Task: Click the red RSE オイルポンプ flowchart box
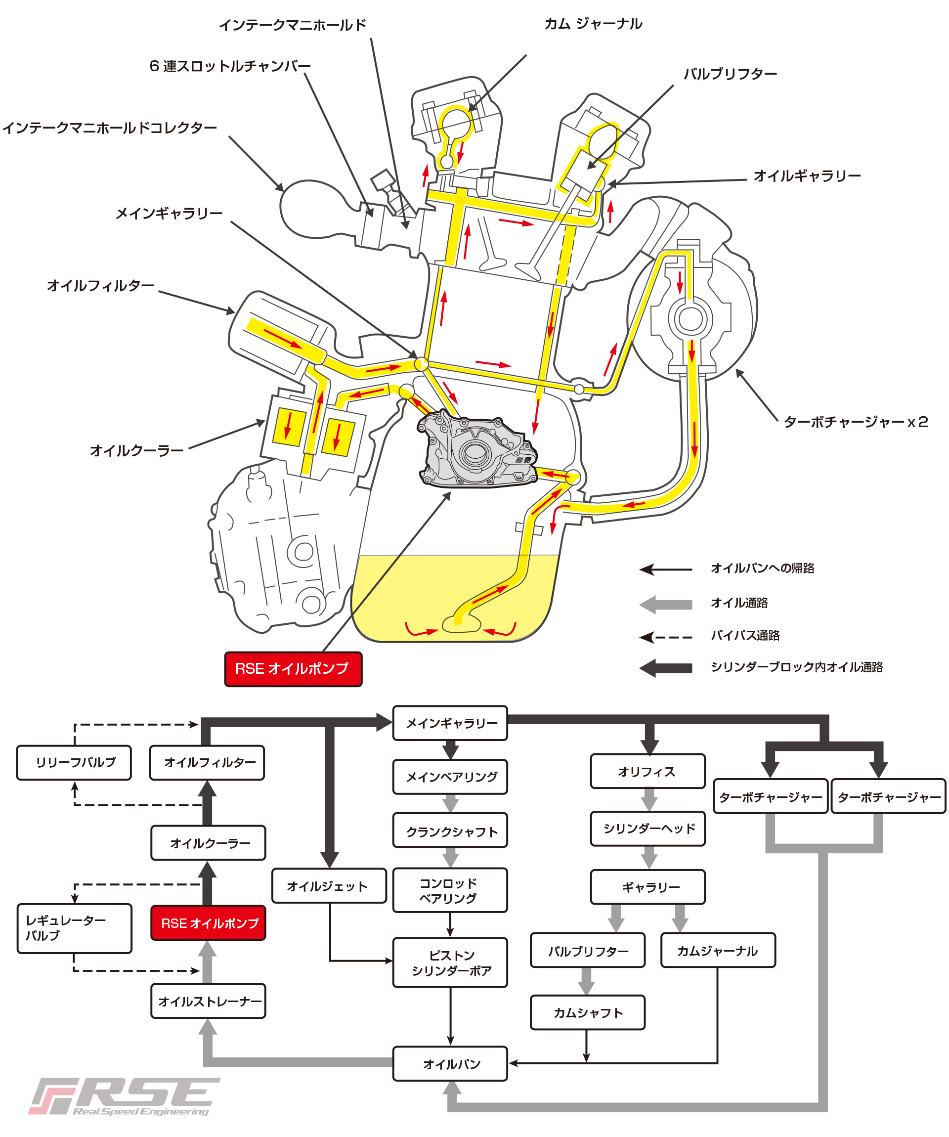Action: [209, 923]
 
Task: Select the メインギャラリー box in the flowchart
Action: [450, 723]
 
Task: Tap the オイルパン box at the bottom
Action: [450, 1064]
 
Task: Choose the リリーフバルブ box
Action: [74, 762]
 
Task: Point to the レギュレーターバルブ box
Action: [74, 928]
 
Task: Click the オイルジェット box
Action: [329, 886]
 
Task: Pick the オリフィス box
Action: [647, 771]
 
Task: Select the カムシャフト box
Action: [587, 1012]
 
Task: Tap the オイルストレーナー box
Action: [209, 1001]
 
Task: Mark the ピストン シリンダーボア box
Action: [450, 962]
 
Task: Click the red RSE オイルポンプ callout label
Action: [293, 669]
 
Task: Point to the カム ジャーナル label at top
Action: [593, 24]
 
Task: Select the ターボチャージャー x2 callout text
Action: [856, 422]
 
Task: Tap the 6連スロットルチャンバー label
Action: [230, 66]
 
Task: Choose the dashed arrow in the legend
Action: [666, 637]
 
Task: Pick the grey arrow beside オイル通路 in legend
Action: [666, 604]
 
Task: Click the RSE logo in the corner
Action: [125, 1096]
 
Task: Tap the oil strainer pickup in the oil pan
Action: [462, 624]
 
